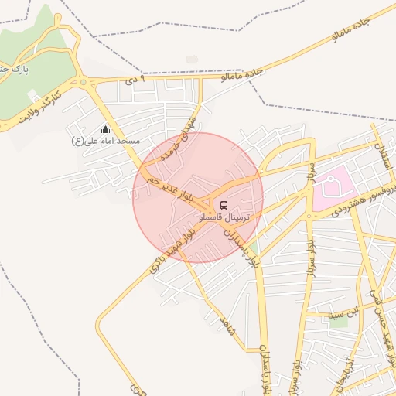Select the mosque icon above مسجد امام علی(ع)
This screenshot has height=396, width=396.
pyautogui.click(x=105, y=130)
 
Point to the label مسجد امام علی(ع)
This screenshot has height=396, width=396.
pyautogui.click(x=105, y=142)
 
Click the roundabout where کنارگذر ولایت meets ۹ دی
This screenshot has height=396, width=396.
pyautogui.click(x=84, y=81)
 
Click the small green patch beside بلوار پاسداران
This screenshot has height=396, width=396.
pyautogui.click(x=254, y=247)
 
